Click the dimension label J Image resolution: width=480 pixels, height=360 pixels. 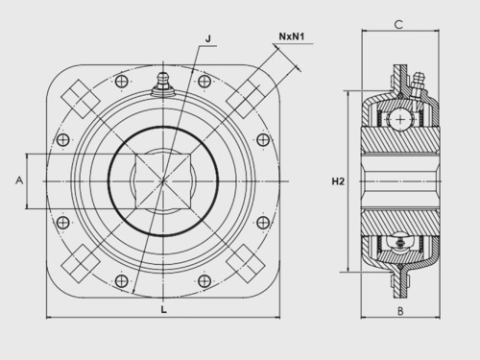tap(208, 39)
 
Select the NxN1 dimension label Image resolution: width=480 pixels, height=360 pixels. tap(292, 36)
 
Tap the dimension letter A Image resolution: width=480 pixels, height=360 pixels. tap(19, 180)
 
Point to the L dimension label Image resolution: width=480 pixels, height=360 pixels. tap(164, 309)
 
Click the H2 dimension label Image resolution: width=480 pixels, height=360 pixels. tap(338, 181)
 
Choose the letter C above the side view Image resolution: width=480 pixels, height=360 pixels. tap(398, 24)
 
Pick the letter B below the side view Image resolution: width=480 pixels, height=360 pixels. tap(400, 311)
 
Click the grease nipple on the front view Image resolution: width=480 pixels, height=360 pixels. tap(163, 84)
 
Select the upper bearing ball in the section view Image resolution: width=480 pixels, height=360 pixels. tap(400, 120)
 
